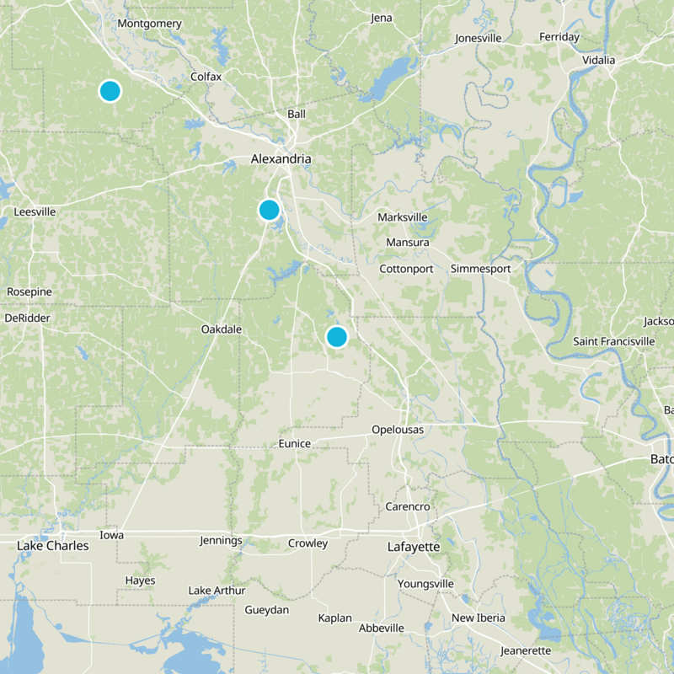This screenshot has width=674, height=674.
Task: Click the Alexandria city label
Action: click(281, 159)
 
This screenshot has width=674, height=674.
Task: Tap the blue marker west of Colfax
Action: click(110, 90)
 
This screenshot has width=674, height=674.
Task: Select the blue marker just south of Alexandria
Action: click(269, 209)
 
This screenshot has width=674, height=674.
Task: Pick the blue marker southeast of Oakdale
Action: click(336, 336)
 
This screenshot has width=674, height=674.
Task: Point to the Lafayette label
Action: click(414, 547)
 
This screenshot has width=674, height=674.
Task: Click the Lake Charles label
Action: click(52, 547)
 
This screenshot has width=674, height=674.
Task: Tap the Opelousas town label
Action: click(398, 430)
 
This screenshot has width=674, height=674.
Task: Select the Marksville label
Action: click(403, 217)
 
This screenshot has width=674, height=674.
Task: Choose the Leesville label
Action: click(35, 212)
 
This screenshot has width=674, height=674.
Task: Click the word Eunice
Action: click(295, 444)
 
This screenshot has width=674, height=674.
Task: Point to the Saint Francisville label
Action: click(614, 341)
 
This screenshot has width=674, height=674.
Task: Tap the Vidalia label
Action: click(599, 60)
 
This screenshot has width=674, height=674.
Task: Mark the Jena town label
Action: click(382, 18)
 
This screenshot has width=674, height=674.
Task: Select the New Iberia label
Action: click(479, 618)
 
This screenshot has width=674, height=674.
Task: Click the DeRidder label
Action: click(27, 318)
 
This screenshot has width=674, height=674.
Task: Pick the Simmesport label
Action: click(480, 269)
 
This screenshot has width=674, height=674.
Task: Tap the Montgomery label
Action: click(150, 24)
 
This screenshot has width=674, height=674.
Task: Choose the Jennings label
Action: click(221, 541)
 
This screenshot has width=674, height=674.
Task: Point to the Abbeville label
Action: click(382, 629)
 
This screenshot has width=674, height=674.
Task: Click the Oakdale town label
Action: click(222, 329)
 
